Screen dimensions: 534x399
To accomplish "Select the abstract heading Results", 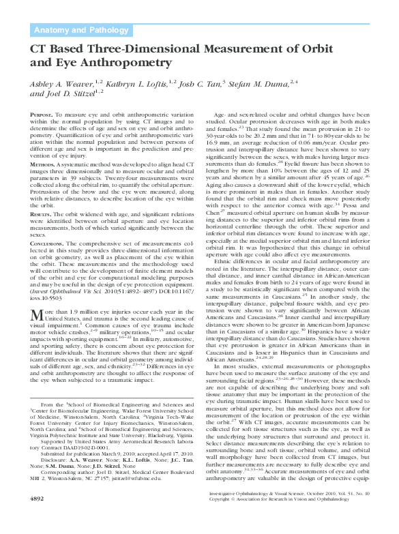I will click(42, 214).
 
